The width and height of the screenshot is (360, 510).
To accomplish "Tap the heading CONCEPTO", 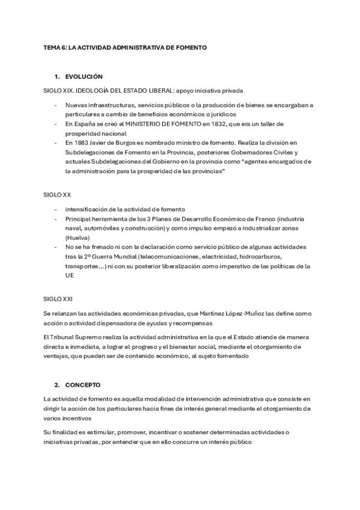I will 83,384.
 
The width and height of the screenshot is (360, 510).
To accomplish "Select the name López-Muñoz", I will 223,313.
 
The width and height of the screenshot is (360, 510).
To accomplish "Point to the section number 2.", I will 56,384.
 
